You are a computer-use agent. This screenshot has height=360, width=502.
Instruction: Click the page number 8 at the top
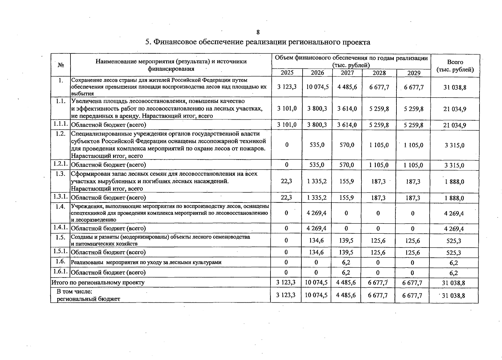(x=258, y=32)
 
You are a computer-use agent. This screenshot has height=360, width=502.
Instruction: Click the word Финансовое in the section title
(x=173, y=42)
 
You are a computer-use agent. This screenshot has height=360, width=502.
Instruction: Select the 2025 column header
(x=287, y=73)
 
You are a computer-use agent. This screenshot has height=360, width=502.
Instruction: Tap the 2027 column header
(x=347, y=73)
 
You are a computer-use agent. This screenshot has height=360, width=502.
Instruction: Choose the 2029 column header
(x=414, y=73)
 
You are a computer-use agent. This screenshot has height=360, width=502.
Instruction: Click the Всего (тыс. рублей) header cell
(x=455, y=66)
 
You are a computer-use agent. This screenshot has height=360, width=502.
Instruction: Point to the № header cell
(x=61, y=65)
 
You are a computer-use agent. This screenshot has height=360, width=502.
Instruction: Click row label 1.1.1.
(x=60, y=124)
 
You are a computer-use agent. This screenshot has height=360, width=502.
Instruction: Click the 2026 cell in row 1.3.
(x=317, y=181)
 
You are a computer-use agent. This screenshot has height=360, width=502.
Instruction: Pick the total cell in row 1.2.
(x=455, y=145)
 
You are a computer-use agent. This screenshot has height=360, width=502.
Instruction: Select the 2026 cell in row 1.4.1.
(x=317, y=228)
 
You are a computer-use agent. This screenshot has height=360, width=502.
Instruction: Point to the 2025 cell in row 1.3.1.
(x=287, y=197)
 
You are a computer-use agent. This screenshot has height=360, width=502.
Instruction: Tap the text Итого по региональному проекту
(x=98, y=283)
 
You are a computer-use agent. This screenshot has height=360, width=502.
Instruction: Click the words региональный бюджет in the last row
(x=88, y=299)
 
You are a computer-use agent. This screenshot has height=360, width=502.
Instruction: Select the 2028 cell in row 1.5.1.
(x=378, y=252)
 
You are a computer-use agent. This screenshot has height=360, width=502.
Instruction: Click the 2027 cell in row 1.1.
(x=347, y=109)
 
